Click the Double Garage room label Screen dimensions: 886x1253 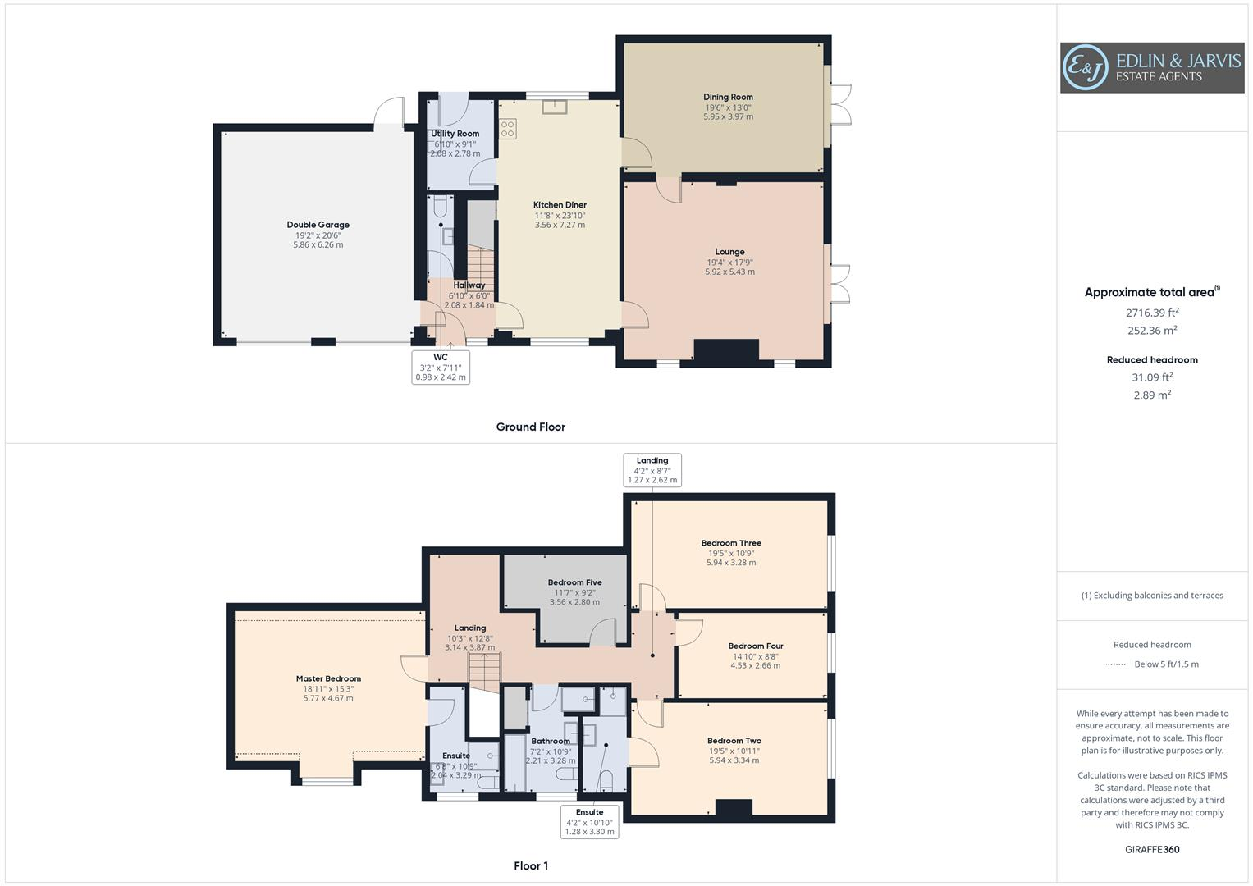click(318, 225)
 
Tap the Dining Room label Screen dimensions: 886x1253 click(728, 97)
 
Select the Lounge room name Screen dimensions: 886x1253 click(729, 252)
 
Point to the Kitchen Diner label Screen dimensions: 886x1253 click(560, 205)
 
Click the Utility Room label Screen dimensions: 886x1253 click(455, 134)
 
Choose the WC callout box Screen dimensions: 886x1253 click(441, 367)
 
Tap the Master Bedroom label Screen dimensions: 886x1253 click(328, 678)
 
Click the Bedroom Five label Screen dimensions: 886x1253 click(574, 582)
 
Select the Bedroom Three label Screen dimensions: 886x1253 click(731, 543)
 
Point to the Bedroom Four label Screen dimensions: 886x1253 click(756, 646)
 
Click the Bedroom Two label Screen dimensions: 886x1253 click(734, 741)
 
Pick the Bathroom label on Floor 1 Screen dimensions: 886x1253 click(550, 741)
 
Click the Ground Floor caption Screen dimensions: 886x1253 click(531, 427)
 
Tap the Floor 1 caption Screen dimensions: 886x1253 click(531, 865)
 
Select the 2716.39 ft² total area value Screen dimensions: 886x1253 click(1152, 313)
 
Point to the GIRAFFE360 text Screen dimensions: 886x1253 click(1152, 849)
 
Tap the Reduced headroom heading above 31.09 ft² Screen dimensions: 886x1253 click(1152, 359)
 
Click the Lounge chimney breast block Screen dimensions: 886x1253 click(726, 350)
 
